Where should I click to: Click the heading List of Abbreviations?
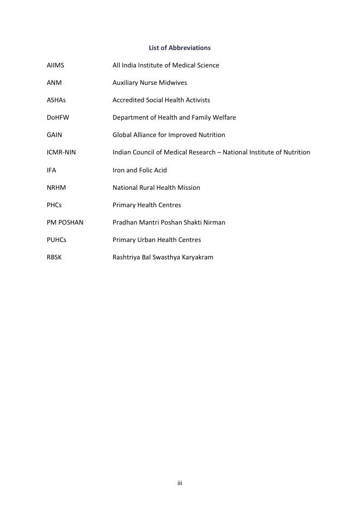point(179,48)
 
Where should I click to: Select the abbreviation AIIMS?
point(55,65)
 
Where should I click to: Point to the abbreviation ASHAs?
point(56,100)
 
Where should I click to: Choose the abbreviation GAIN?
point(54,135)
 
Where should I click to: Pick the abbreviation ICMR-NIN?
point(61,152)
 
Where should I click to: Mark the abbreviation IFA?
point(52,170)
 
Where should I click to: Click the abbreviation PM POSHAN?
point(65,222)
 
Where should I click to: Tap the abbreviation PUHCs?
point(57,240)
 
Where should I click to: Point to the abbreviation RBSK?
point(54,257)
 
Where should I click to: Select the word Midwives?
point(172,83)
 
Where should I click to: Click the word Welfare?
point(224,117)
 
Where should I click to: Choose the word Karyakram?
point(197,257)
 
